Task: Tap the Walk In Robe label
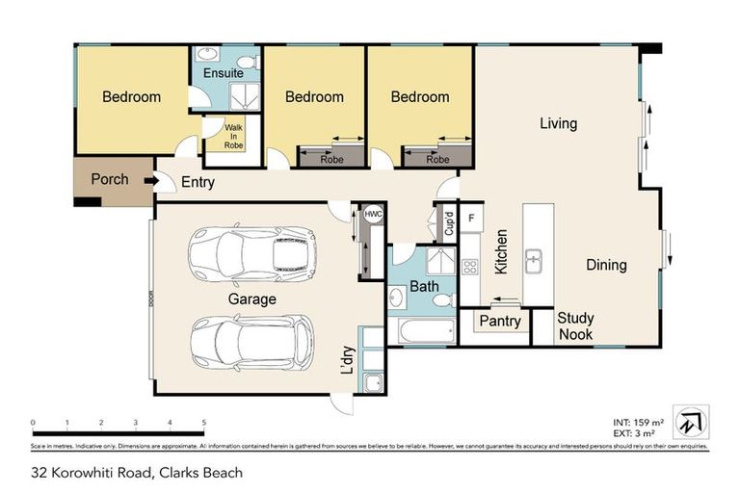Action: pos(234,136)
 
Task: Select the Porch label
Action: pos(110,180)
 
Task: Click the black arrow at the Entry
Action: pos(149,180)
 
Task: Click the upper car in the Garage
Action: pos(252,253)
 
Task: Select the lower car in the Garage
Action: pos(251,343)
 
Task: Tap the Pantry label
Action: pos(500,322)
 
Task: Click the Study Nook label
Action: pos(576,325)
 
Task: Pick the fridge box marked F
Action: pos(471,218)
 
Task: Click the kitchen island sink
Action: pos(533,259)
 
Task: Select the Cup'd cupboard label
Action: pos(448,223)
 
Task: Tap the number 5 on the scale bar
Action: pos(203,423)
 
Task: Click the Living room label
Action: pos(558,123)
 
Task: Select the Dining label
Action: pos(605,265)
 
